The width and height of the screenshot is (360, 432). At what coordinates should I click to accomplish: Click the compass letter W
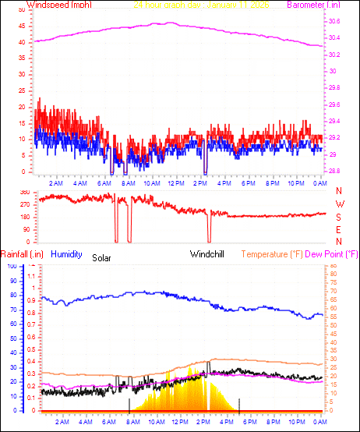(339, 204)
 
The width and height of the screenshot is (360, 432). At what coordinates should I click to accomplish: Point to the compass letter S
(339, 217)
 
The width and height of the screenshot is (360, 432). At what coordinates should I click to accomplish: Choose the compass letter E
(339, 229)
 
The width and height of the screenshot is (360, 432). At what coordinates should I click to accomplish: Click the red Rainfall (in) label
(23, 254)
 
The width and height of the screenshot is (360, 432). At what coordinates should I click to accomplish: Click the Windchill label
(208, 254)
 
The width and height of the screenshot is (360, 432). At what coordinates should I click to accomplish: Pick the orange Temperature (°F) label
(281, 254)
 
